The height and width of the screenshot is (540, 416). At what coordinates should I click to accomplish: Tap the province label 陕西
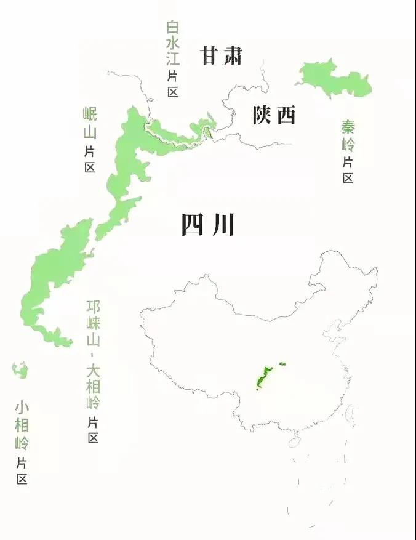(x=274, y=115)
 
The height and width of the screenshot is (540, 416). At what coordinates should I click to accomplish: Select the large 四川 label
(x=208, y=225)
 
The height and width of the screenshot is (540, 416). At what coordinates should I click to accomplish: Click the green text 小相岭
(x=22, y=425)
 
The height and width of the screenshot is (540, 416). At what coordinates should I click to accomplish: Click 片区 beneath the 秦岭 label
(x=348, y=170)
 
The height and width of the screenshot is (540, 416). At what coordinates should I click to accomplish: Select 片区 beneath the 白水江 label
(x=172, y=83)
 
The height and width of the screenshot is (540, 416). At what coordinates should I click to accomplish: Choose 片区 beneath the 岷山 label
(x=90, y=158)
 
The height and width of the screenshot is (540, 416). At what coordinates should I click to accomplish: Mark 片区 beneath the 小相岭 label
(x=22, y=470)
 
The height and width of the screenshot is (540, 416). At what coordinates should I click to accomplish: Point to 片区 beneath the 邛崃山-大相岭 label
(x=93, y=430)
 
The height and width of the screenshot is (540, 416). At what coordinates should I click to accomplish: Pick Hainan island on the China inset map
(x=295, y=442)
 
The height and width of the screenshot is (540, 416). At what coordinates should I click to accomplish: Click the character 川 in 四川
(x=223, y=225)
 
